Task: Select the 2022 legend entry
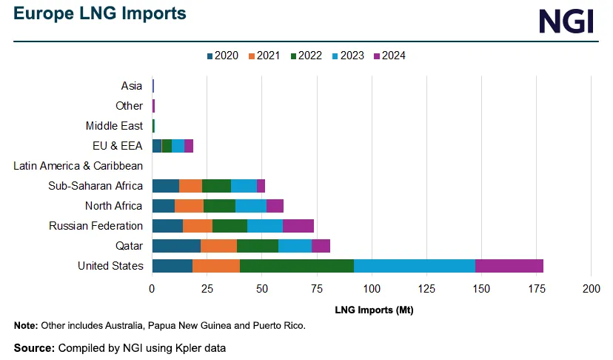click(x=304, y=56)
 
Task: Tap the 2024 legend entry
click(x=389, y=56)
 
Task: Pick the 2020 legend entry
click(x=221, y=56)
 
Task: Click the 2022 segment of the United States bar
click(x=297, y=266)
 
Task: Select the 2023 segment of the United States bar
click(x=415, y=266)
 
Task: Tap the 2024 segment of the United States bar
click(x=509, y=266)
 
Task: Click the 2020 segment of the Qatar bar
click(x=176, y=246)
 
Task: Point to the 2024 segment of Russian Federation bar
click(x=298, y=226)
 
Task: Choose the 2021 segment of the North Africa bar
click(x=189, y=206)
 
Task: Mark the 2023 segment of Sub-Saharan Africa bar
click(x=244, y=186)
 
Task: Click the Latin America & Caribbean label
click(x=78, y=166)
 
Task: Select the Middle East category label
click(x=114, y=126)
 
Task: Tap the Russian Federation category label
click(x=96, y=226)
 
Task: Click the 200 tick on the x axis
click(x=591, y=288)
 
